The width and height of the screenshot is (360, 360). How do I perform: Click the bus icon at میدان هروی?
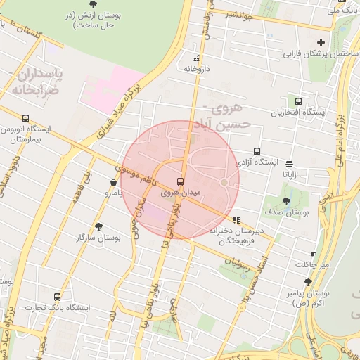pyautogui.click(x=180, y=181)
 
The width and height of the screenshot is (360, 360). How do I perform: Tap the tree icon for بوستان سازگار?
pyautogui.click(x=98, y=226)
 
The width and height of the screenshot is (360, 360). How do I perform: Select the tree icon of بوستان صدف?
pyautogui.click(x=285, y=201)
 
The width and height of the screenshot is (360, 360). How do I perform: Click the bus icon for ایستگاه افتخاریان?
pyautogui.click(x=299, y=102)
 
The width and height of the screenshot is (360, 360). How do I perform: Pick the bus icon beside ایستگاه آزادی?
pyautogui.click(x=256, y=151)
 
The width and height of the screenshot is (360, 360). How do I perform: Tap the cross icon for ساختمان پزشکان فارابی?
pyautogui.click(x=321, y=43)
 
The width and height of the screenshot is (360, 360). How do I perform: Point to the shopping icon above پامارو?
pyautogui.click(x=114, y=181)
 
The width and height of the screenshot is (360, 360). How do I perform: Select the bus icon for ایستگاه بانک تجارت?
pyautogui.click(x=57, y=297)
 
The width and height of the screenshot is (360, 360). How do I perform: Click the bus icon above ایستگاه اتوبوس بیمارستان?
pyautogui.click(x=26, y=119)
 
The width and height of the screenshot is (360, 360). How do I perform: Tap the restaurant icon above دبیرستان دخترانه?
pyautogui.click(x=237, y=219)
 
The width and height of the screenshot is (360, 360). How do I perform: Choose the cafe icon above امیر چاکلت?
pyautogui.click(x=313, y=254)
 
